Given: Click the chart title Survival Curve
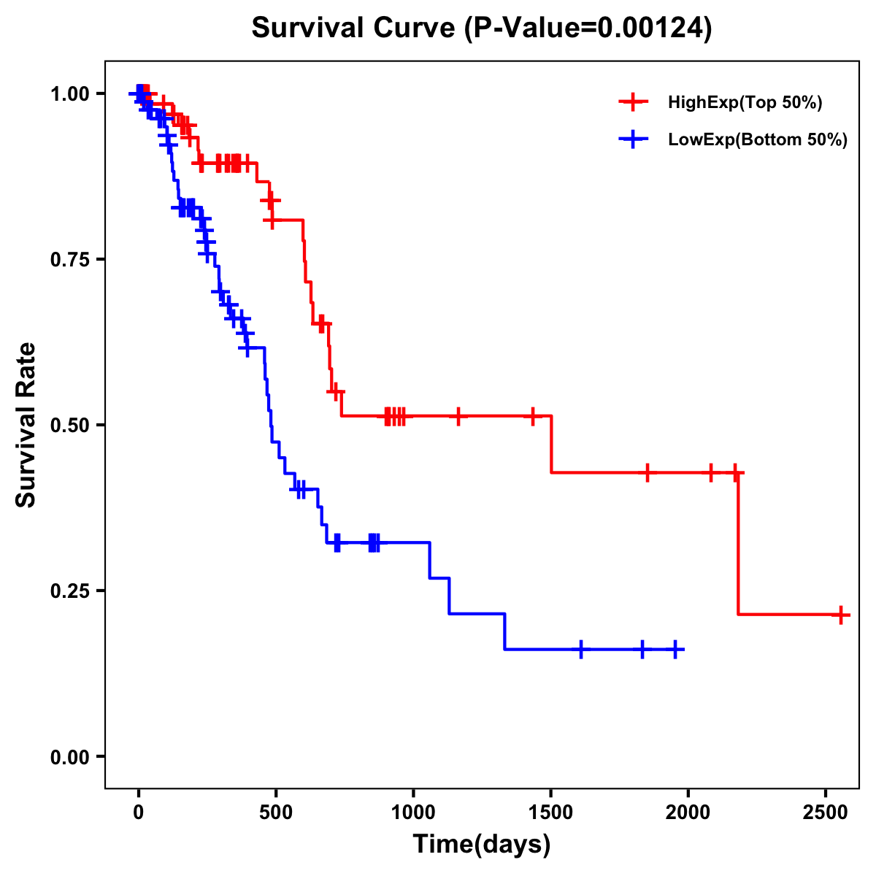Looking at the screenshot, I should [x=482, y=28].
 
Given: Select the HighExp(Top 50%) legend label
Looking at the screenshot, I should [x=745, y=103].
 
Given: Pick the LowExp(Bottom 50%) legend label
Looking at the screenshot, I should [x=758, y=140].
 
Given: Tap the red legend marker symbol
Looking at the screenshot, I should [x=634, y=102].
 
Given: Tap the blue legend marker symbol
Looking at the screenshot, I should [x=634, y=139].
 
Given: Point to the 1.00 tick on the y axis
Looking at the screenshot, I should [x=69, y=94].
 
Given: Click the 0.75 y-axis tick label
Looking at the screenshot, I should [x=69, y=260].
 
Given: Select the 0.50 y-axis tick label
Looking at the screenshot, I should [x=69, y=426].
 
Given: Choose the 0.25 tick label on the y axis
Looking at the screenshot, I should [x=69, y=591].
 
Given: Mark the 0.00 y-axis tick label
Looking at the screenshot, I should [x=69, y=757].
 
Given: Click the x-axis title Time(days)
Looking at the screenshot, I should [x=482, y=845].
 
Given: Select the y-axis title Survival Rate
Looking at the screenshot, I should [x=27, y=425].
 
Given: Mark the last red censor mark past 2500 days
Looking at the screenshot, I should [x=841, y=615].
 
